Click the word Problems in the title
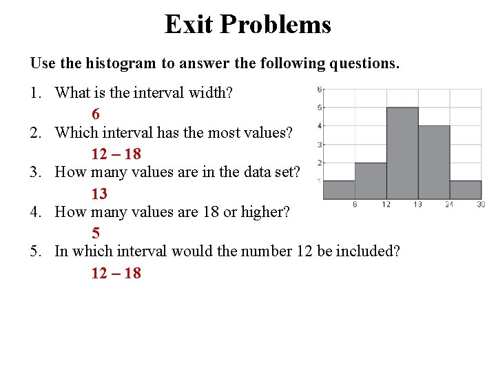(x=276, y=25)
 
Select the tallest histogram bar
(x=402, y=153)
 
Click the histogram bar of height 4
(x=434, y=163)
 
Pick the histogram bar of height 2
(x=371, y=181)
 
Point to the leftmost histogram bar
(x=339, y=190)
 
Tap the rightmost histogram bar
(x=466, y=190)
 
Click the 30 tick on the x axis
(x=480, y=205)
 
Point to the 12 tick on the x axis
(x=386, y=205)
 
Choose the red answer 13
(x=99, y=194)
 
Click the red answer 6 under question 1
(x=96, y=114)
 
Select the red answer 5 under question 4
(x=96, y=234)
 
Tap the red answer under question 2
(x=116, y=154)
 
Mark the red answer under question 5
(x=116, y=273)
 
